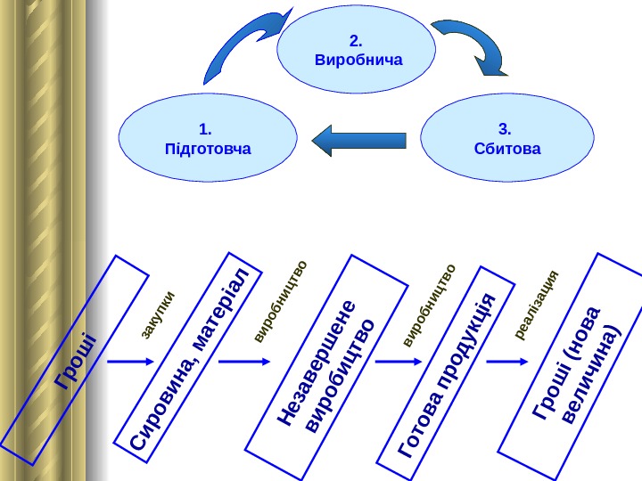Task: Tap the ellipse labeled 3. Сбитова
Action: pyautogui.click(x=507, y=140)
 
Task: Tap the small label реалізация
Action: pyautogui.click(x=537, y=305)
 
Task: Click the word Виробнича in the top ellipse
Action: pyautogui.click(x=359, y=61)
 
